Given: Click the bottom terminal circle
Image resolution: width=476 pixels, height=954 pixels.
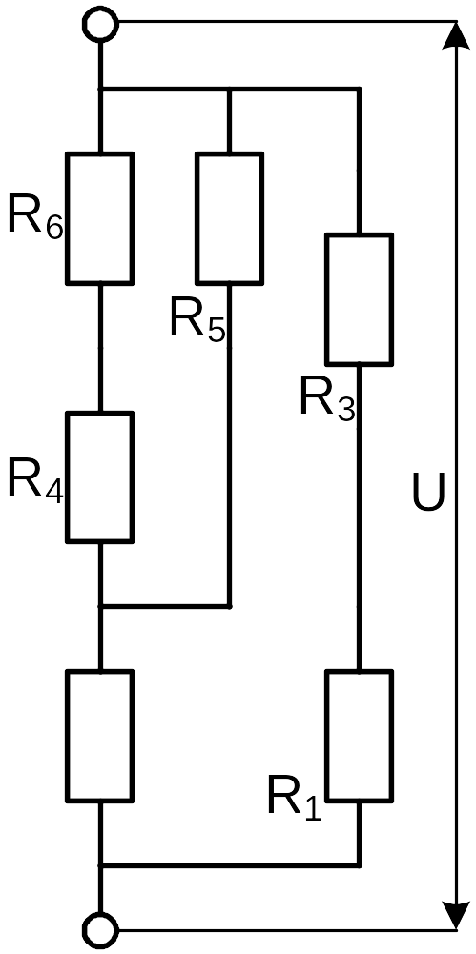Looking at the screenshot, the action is click(x=100, y=929).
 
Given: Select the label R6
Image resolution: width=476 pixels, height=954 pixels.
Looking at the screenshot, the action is click(x=35, y=217).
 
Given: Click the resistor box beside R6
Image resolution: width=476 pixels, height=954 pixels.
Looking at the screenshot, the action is click(x=100, y=218).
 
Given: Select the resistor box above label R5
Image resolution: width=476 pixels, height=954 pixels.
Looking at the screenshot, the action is click(x=230, y=218).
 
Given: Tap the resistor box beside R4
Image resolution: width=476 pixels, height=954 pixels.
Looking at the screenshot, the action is click(x=100, y=477).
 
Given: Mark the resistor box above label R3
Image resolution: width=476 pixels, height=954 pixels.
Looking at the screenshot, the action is click(x=359, y=298).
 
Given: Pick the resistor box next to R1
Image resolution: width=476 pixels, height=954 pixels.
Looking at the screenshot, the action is click(x=359, y=736).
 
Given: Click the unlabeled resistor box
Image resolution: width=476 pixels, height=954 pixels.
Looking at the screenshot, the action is click(x=100, y=736).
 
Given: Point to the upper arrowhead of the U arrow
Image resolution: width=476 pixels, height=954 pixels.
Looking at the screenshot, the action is click(x=457, y=36).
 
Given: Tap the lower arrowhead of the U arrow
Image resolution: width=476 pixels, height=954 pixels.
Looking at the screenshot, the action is click(x=457, y=915).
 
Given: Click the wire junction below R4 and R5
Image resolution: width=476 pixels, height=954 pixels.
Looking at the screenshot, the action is click(x=100, y=606).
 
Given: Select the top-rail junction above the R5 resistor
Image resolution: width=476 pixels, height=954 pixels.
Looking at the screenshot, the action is click(x=230, y=90).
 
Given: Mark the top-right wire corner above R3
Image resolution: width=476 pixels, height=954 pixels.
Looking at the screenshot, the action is click(x=359, y=90).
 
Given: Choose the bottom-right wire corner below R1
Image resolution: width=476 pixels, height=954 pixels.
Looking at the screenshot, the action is click(x=359, y=864).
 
